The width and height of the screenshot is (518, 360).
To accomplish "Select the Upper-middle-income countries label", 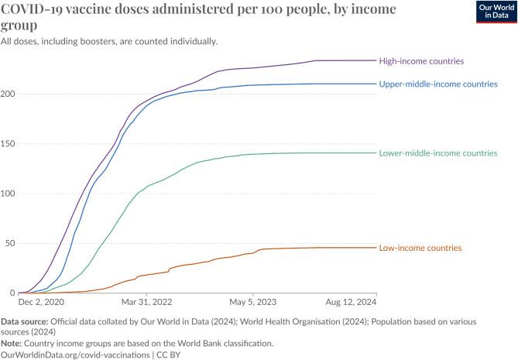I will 437,84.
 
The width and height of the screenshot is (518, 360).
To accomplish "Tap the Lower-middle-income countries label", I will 437,153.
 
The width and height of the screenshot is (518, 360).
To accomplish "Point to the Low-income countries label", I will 420,248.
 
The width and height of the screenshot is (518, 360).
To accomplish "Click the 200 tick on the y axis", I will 9,94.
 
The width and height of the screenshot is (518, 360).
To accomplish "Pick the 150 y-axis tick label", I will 9,144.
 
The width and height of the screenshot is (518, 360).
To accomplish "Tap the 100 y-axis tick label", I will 9,194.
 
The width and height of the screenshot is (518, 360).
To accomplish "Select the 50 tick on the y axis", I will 11,243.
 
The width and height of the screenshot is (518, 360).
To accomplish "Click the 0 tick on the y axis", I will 12,293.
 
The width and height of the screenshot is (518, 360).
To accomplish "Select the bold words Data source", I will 27,321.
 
